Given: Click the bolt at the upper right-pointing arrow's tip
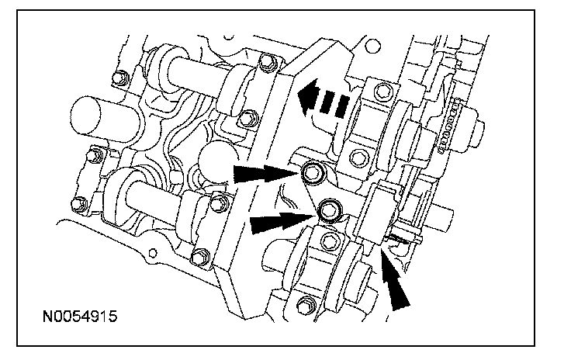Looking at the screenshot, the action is [314, 171].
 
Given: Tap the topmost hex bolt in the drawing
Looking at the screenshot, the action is [267, 61].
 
